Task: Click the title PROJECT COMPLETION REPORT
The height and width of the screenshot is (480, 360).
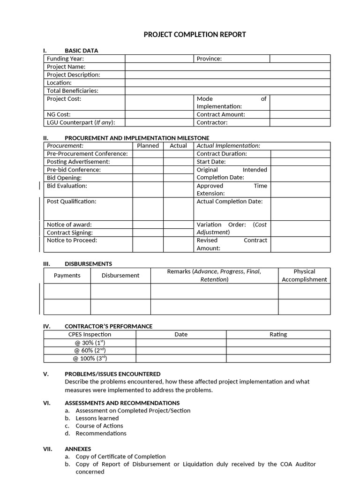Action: (x=195, y=35)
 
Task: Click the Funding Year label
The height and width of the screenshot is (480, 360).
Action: (x=65, y=59)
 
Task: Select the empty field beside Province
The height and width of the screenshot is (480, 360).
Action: (x=300, y=59)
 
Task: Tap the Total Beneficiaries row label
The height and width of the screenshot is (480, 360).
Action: (x=73, y=90)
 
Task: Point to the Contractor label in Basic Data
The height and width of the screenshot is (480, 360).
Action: (x=212, y=122)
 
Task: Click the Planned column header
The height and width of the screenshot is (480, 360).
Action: (x=148, y=146)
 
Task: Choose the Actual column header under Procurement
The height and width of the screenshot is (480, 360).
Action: (x=178, y=146)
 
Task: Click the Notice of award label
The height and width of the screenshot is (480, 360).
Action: (x=69, y=225)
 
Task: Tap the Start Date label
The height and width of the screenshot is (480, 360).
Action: (x=211, y=162)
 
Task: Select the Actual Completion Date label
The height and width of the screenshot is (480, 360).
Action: (x=230, y=202)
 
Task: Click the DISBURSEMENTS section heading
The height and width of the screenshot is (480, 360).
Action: (x=88, y=264)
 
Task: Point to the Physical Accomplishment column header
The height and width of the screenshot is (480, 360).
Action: (x=304, y=276)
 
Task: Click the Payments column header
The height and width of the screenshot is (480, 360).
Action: (x=67, y=276)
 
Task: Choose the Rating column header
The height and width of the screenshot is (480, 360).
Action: (x=278, y=335)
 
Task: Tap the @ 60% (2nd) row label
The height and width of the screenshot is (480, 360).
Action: (x=90, y=351)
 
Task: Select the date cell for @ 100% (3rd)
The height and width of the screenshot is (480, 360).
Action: (x=180, y=359)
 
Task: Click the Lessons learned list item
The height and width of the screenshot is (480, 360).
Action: (x=97, y=418)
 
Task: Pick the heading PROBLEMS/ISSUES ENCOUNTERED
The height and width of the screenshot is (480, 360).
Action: (x=112, y=374)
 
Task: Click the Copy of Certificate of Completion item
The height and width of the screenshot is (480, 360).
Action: (x=120, y=457)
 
